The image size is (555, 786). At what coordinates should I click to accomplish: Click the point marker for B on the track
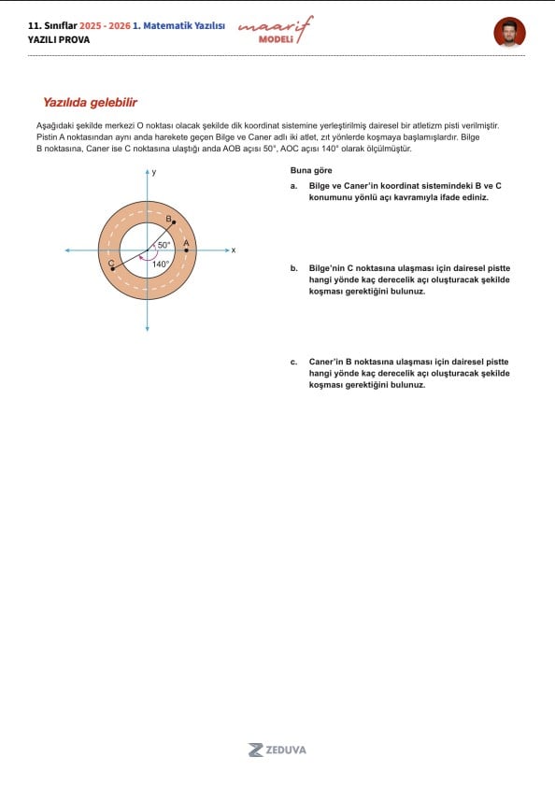click(x=174, y=222)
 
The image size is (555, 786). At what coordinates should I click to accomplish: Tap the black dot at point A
click(x=187, y=250)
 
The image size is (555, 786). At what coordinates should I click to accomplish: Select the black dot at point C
click(x=113, y=269)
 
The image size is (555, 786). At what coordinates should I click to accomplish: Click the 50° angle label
click(x=164, y=245)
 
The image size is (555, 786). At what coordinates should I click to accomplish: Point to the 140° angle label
click(x=161, y=264)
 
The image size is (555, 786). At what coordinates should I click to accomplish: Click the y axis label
click(x=154, y=173)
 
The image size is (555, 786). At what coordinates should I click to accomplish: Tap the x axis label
click(x=234, y=250)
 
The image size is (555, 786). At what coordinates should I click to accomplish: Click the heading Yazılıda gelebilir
click(x=91, y=102)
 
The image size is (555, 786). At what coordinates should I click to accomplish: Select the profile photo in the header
click(x=509, y=32)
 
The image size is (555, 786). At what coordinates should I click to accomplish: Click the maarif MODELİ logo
click(x=276, y=30)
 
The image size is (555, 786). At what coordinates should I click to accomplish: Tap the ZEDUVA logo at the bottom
click(x=277, y=750)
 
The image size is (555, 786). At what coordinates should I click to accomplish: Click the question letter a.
click(x=293, y=186)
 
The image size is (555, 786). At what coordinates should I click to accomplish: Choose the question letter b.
click(x=293, y=268)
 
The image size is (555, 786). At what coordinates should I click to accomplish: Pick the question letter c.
click(x=293, y=362)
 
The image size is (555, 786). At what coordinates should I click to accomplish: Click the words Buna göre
click(x=311, y=170)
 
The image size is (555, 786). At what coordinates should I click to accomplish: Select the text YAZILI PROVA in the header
click(x=59, y=39)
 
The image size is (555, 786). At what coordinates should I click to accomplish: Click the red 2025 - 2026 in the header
click(x=105, y=25)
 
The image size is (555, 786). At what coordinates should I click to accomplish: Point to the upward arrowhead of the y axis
click(x=148, y=172)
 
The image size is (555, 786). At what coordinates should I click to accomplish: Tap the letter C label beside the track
click(x=111, y=264)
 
